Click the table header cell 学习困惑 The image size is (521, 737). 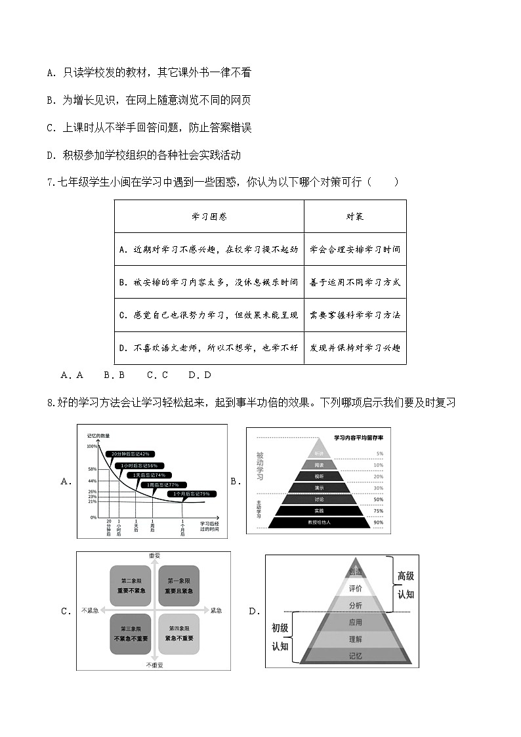tap(209, 217)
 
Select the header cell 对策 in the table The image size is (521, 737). tap(355, 217)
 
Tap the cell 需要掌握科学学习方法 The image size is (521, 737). tap(355, 315)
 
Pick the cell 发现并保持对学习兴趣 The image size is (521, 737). tap(355, 348)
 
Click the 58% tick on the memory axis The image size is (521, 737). tap(92, 469)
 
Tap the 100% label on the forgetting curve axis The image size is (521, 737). tap(91, 446)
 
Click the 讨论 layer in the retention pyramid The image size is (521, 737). tap(319, 499)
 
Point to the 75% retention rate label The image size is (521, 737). tap(379, 511)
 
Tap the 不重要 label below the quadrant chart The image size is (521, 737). tap(155, 665)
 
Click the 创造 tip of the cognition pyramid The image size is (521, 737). tap(356, 572)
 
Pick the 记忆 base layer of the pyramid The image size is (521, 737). tap(356, 655)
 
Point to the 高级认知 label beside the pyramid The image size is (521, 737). tap(406, 584)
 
